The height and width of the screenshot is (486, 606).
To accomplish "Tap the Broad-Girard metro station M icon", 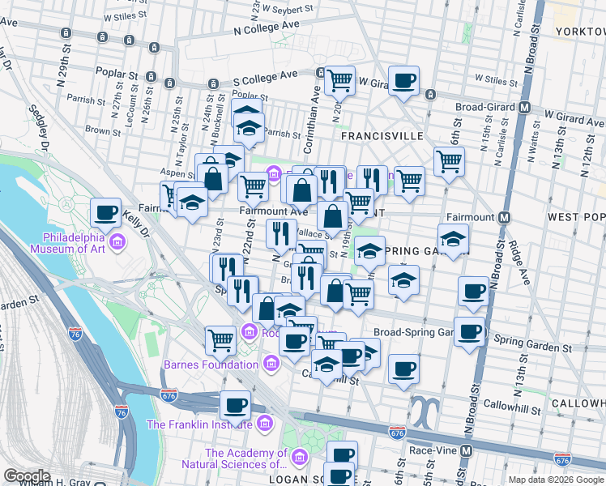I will click(525, 107).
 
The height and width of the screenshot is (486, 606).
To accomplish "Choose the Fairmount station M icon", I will click(504, 217).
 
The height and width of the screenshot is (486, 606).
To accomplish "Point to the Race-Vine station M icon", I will click(466, 450).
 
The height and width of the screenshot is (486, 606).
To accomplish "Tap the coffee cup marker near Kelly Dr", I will click(105, 213).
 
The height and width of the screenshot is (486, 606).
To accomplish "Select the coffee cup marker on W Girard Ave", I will click(403, 81).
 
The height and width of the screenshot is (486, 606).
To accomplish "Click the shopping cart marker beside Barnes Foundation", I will click(220, 339).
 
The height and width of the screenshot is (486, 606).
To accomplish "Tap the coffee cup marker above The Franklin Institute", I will click(235, 404).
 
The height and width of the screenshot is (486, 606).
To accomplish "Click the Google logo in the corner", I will click(27, 476).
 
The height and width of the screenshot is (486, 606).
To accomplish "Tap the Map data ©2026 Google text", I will click(555, 480).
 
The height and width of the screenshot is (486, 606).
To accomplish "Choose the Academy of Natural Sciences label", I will click(245, 459).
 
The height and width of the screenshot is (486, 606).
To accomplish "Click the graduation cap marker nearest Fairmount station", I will click(453, 238).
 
